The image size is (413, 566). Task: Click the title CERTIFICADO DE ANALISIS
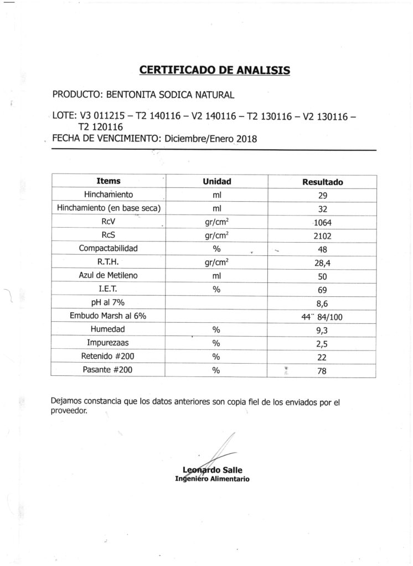click(214, 70)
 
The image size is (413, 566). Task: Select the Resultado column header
click(322, 181)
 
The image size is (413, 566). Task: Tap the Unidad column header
click(216, 181)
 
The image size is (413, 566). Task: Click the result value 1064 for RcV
click(322, 223)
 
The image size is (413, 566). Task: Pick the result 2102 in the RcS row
click(322, 236)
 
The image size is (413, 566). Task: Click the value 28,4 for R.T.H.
click(322, 263)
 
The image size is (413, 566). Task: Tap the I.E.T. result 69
click(322, 290)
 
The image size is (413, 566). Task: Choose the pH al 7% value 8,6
click(322, 303)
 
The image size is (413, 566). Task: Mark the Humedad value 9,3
click(322, 330)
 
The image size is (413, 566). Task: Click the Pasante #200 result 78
click(322, 371)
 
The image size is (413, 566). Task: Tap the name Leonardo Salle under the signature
click(212, 470)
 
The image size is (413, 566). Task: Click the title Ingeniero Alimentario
click(212, 479)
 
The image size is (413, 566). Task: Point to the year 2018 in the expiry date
click(246, 139)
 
